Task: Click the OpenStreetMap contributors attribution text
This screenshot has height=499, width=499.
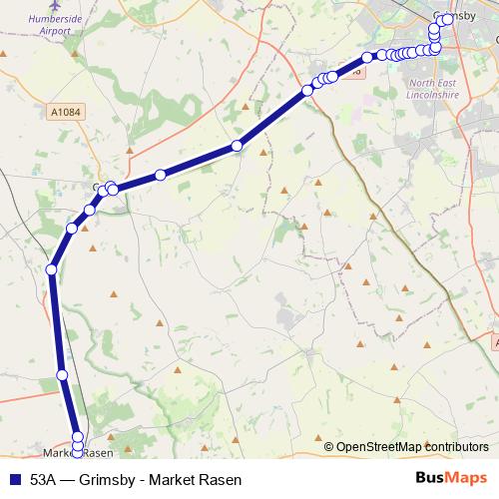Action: point(411,447)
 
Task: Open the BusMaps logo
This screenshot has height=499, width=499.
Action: point(449,479)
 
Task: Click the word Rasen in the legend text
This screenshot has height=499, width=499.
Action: point(221,479)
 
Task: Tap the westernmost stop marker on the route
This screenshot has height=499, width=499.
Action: point(52,268)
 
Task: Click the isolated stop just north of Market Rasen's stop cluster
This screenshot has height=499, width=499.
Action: point(62,375)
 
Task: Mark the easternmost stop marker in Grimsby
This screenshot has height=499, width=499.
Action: point(447,19)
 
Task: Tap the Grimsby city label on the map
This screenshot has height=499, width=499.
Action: point(455,15)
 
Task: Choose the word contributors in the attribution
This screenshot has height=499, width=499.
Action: point(455,447)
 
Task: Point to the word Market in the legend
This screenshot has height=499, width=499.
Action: point(172,479)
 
